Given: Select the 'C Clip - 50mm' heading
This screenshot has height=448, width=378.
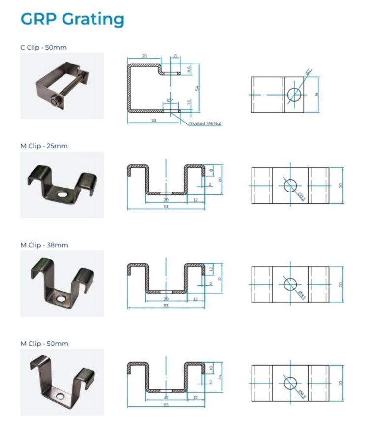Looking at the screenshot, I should click(x=43, y=47).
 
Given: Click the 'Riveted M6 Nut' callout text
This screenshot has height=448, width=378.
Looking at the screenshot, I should click(x=205, y=124).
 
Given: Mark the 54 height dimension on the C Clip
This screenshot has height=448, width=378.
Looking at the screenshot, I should click(x=197, y=88).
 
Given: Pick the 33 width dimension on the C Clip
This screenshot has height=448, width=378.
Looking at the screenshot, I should click(x=154, y=120).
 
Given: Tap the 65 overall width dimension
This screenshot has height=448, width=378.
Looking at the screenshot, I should click(x=166, y=405).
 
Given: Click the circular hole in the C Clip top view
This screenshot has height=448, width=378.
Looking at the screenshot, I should click(x=294, y=94).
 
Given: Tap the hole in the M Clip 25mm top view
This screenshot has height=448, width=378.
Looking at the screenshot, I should click(x=290, y=185).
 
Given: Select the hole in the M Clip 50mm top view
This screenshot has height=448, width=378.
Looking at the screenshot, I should click(x=290, y=383).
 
